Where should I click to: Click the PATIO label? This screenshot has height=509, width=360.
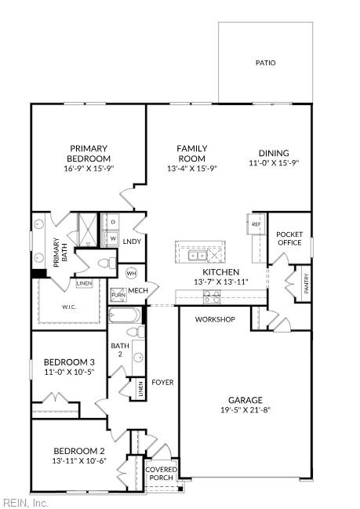click(x=265, y=63)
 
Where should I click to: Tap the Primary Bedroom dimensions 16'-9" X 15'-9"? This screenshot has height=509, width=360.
click(x=88, y=169)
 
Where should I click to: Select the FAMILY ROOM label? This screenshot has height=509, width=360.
click(x=191, y=153)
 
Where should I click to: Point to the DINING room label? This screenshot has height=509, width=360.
click(x=274, y=153)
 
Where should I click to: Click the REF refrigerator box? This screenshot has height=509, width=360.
click(x=256, y=224)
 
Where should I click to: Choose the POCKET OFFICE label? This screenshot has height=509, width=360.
click(x=289, y=238)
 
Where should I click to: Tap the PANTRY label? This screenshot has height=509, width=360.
click(x=306, y=283)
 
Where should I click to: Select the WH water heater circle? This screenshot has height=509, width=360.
click(x=131, y=273)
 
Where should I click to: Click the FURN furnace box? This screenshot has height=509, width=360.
click(x=118, y=295)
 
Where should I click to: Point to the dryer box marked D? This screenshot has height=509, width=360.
click(x=112, y=223)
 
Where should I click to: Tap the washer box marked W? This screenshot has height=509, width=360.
click(x=112, y=238)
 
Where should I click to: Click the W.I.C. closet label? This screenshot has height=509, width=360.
click(x=69, y=307)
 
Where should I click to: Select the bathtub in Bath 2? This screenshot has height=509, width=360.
click(x=125, y=316)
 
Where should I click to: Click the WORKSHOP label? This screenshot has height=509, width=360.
click(x=215, y=320)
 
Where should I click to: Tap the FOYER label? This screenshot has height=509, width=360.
click(x=162, y=383)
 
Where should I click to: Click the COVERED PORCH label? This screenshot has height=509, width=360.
click(x=161, y=474)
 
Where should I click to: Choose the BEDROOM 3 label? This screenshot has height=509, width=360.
click(x=68, y=362)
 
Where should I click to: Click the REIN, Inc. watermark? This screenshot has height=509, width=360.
click(x=25, y=503)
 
